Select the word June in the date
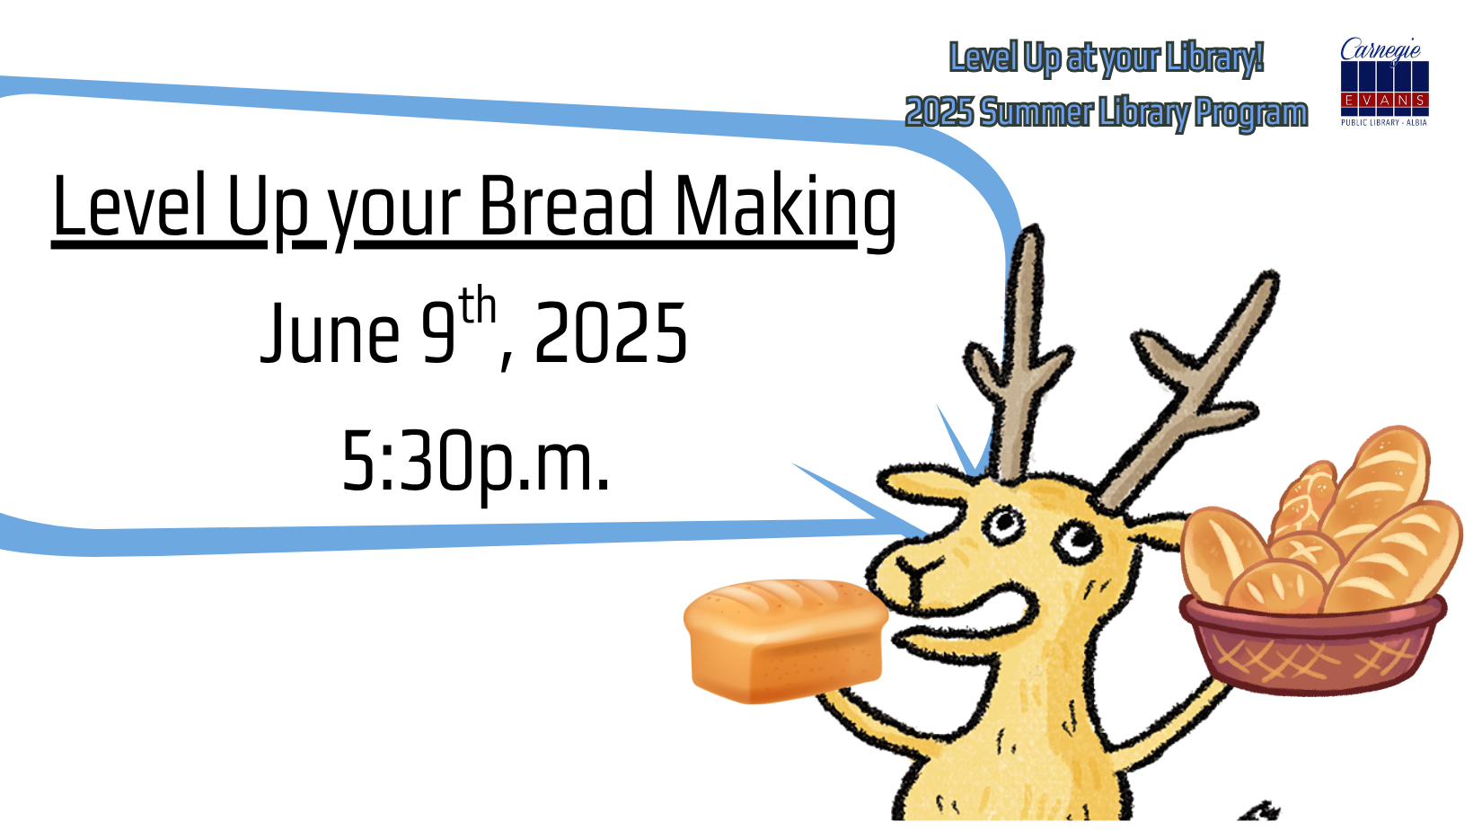(x=331, y=333)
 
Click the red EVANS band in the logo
(x=1384, y=100)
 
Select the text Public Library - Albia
(x=1384, y=122)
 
